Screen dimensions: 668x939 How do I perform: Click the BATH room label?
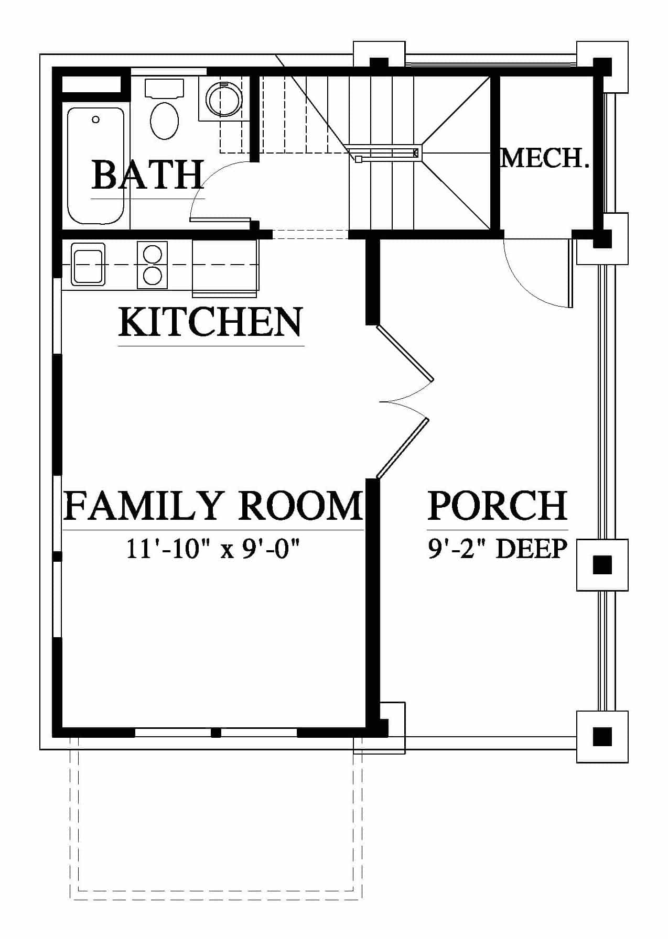pyautogui.click(x=147, y=175)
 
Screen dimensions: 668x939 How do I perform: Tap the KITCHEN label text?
pyautogui.click(x=211, y=322)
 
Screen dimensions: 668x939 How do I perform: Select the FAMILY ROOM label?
pyautogui.click(x=213, y=505)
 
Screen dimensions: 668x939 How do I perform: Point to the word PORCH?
pyautogui.click(x=498, y=505)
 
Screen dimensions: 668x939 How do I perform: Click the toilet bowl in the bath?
pyautogui.click(x=164, y=120)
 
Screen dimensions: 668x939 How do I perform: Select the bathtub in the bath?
pyautogui.click(x=96, y=166)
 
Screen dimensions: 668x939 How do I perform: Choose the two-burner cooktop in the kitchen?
pyautogui.click(x=152, y=265)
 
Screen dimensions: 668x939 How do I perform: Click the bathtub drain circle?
pyautogui.click(x=95, y=120)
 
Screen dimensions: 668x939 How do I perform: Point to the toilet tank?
pyautogui.click(x=164, y=89)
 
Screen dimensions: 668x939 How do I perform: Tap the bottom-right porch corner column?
pyautogui.click(x=602, y=737)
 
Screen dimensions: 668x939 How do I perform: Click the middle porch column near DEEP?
pyautogui.click(x=602, y=565)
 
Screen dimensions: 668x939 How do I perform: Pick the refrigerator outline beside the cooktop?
pyautogui.click(x=225, y=268)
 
